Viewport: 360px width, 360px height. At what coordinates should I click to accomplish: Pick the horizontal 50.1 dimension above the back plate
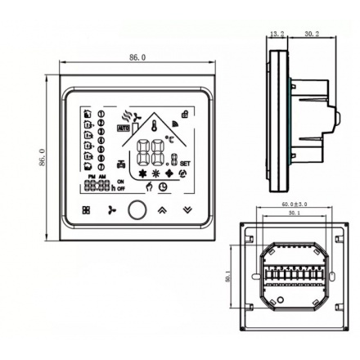click(x=293, y=212)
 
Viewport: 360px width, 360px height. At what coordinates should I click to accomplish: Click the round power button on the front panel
click(x=137, y=210)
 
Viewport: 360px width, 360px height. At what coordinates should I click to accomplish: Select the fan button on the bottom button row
click(x=112, y=210)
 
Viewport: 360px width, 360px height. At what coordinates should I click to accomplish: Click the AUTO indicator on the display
click(x=124, y=128)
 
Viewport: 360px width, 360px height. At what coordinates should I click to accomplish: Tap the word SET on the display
click(x=184, y=163)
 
